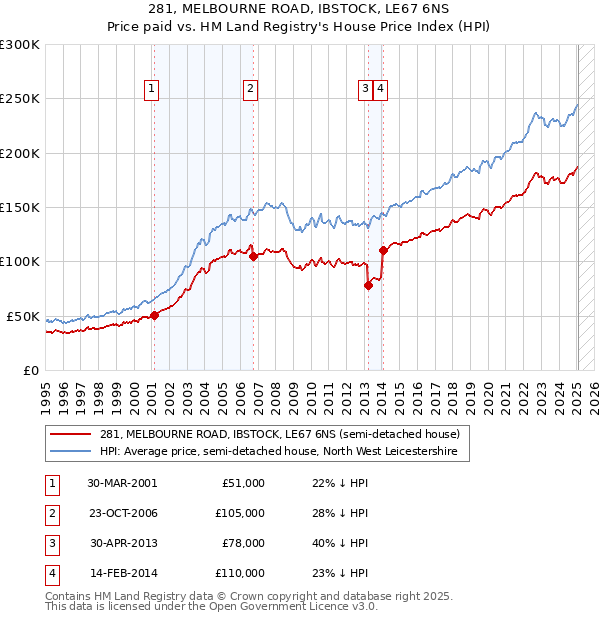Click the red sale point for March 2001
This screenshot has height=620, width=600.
(x=155, y=315)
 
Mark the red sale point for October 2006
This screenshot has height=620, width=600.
(x=254, y=256)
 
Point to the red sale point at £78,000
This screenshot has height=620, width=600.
(x=368, y=285)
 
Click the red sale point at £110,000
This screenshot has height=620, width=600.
(x=383, y=250)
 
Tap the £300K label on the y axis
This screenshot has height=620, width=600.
(x=20, y=45)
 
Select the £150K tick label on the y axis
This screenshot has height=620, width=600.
(x=20, y=207)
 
